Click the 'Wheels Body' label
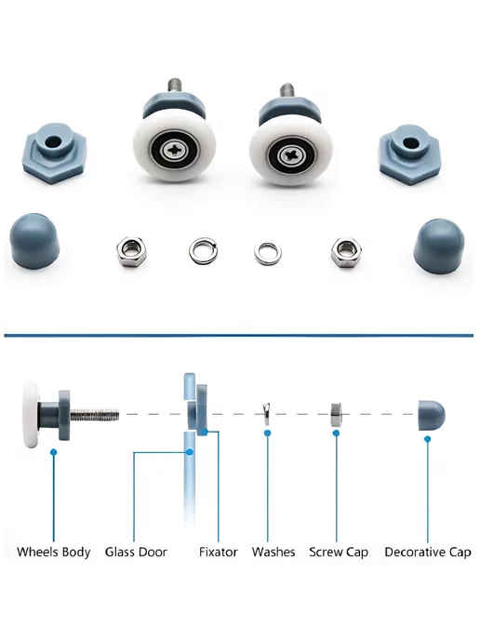pyautogui.click(x=53, y=553)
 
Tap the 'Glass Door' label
pyautogui.click(x=136, y=552)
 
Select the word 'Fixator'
pyautogui.click(x=219, y=552)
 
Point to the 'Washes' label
pyautogui.click(x=273, y=552)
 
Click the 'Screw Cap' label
pyautogui.click(x=339, y=553)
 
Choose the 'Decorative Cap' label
pyautogui.click(x=428, y=553)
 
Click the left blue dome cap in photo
pyautogui.click(x=34, y=240)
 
